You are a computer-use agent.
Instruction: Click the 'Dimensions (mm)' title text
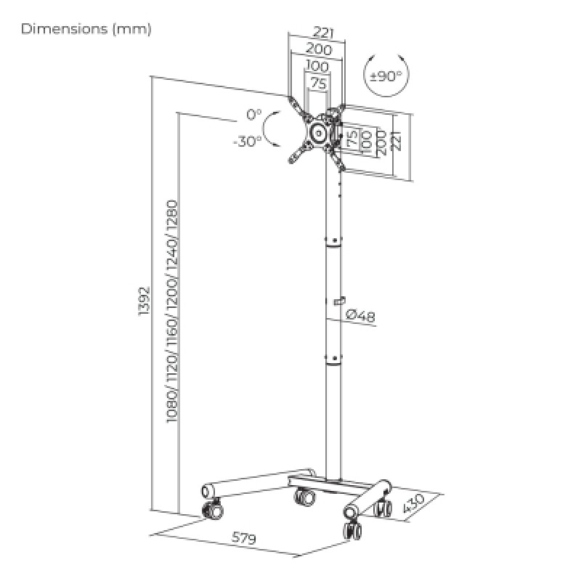point(86,29)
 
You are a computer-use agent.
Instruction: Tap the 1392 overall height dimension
point(144,301)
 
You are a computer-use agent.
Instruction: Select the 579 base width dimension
point(244,537)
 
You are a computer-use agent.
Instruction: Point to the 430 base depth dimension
point(413,504)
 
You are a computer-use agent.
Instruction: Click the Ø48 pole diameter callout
point(360,315)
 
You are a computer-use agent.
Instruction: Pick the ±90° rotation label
point(386,76)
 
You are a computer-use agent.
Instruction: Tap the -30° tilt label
point(247,141)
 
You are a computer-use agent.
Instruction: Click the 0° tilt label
point(254,115)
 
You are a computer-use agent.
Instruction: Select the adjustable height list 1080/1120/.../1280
point(172,312)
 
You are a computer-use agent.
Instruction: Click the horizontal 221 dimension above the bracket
point(323,33)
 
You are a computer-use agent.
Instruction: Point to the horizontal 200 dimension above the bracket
point(318,49)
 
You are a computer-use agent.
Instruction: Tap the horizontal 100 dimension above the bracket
point(317,66)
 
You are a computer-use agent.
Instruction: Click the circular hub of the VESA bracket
point(318,132)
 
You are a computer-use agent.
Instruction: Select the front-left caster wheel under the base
point(212,511)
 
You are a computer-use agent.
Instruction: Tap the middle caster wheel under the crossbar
point(304,497)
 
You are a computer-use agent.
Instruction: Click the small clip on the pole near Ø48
point(338,301)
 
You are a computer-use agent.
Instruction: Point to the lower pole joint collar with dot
point(334,358)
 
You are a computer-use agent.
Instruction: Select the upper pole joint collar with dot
point(334,240)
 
